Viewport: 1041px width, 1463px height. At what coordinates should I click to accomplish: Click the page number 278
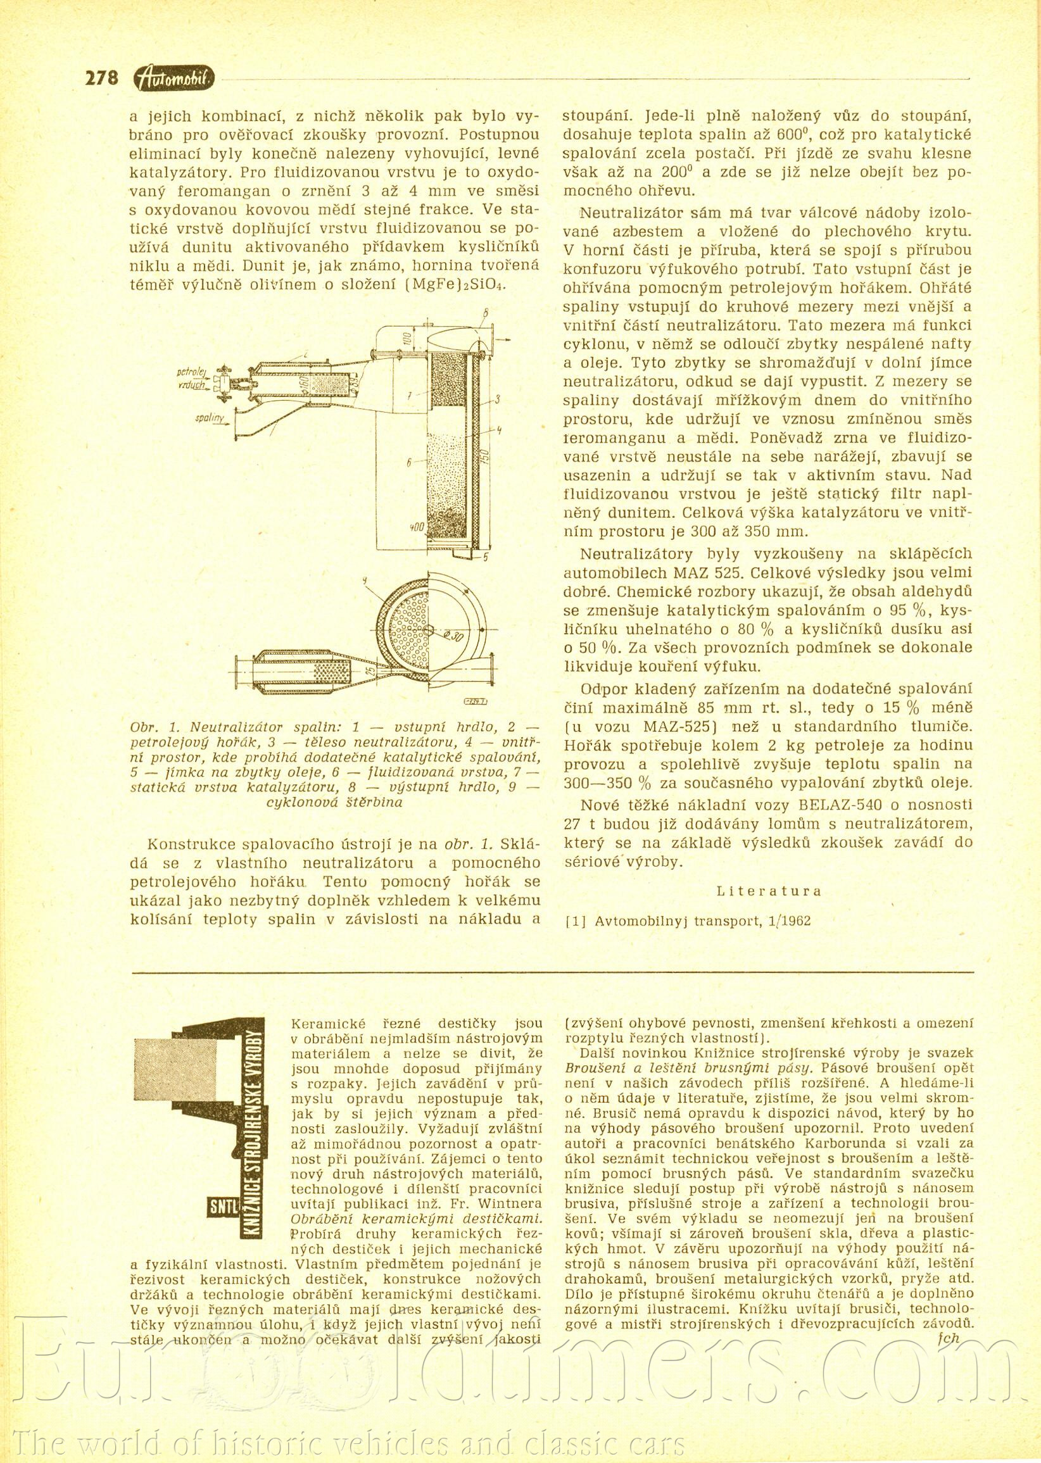click(x=102, y=77)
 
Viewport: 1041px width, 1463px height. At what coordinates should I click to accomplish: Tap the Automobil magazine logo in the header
click(x=175, y=78)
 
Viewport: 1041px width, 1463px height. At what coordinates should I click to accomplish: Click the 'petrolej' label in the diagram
click(x=191, y=371)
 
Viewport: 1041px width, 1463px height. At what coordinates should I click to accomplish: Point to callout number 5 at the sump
click(x=485, y=557)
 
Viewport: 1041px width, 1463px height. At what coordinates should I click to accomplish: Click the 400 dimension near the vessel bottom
click(x=417, y=527)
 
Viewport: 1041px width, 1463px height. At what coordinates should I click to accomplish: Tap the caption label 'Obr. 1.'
click(x=149, y=729)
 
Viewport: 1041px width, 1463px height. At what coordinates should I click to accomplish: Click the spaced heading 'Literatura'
click(x=769, y=891)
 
